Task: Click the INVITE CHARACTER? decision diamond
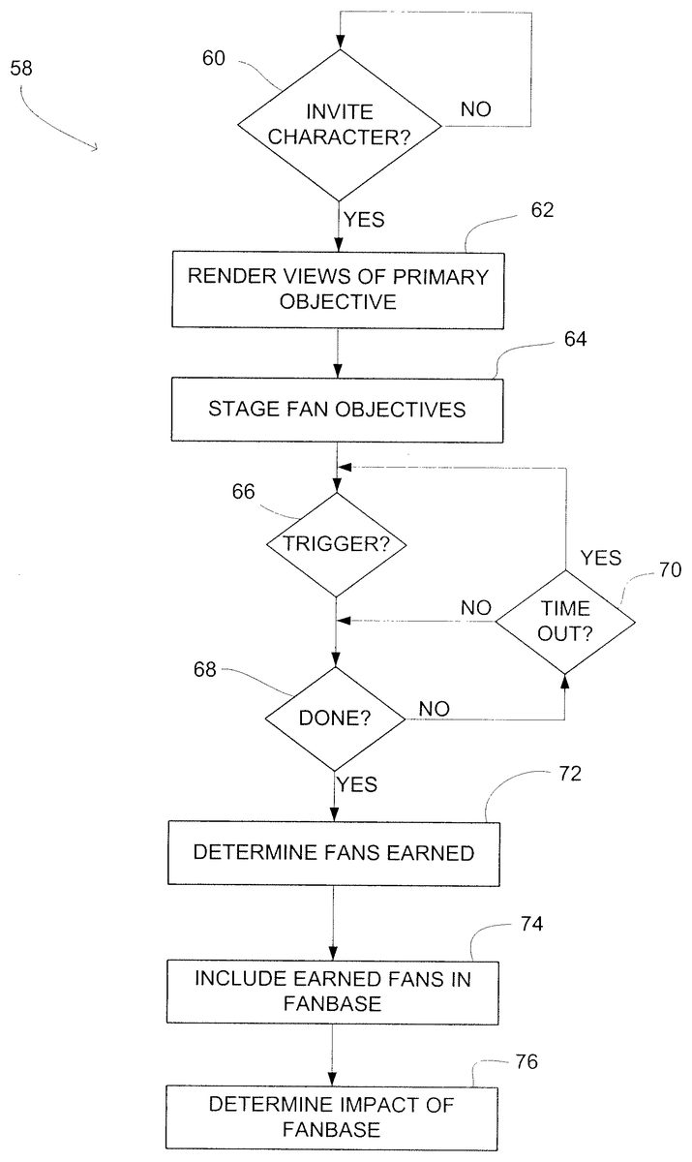[x=340, y=125]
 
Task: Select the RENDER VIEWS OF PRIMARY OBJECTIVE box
[x=339, y=289]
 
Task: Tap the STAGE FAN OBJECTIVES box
[x=337, y=409]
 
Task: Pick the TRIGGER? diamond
[x=336, y=544]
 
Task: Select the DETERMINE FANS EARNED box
[x=334, y=853]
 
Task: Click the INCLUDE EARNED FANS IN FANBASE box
[x=334, y=991]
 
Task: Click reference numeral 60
[x=213, y=59]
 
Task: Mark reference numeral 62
[x=542, y=211]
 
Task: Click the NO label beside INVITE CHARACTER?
[x=475, y=109]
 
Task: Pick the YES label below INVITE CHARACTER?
[x=364, y=220]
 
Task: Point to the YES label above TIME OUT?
[x=600, y=558]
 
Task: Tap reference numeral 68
[x=206, y=670]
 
